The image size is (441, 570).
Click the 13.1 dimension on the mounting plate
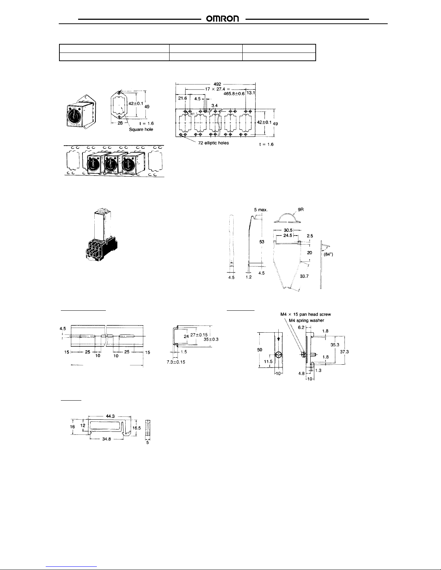pos(251,93)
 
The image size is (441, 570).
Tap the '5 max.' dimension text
pos(260,209)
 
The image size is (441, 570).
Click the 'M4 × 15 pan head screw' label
pos(305,314)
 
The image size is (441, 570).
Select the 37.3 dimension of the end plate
pos(345,352)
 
